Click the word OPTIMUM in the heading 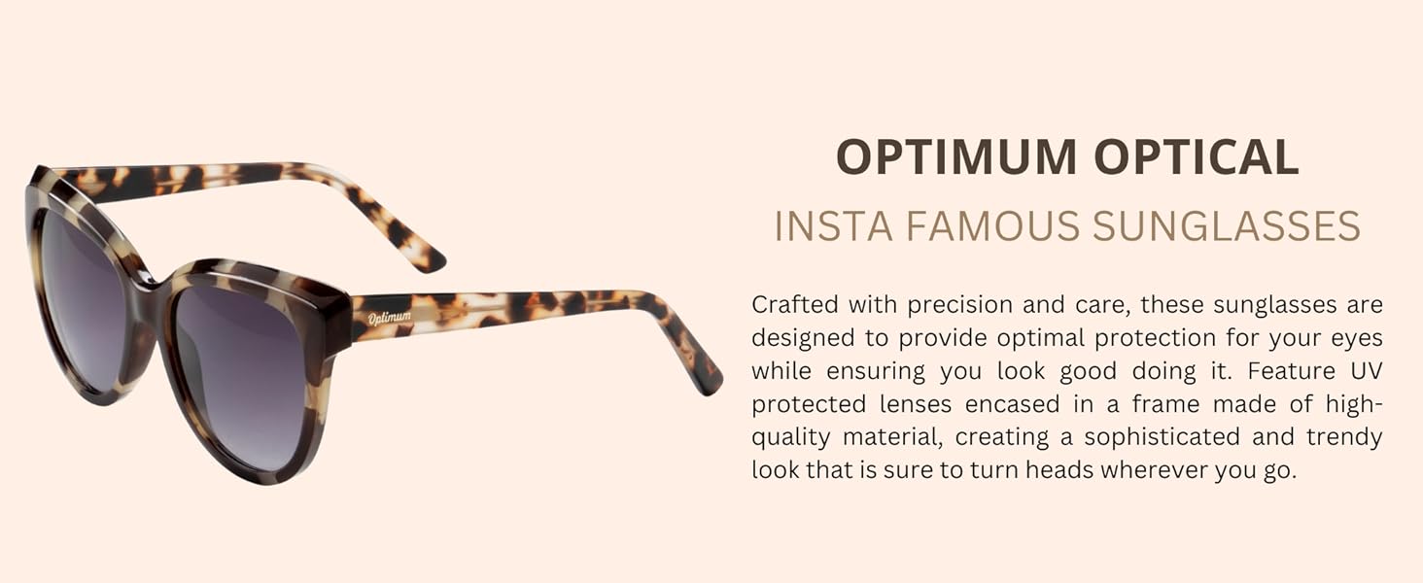(956, 156)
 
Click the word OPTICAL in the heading (1197, 156)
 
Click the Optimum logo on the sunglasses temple (390, 317)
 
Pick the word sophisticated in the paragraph (1162, 437)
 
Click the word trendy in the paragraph (1344, 437)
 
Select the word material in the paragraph (892, 437)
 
